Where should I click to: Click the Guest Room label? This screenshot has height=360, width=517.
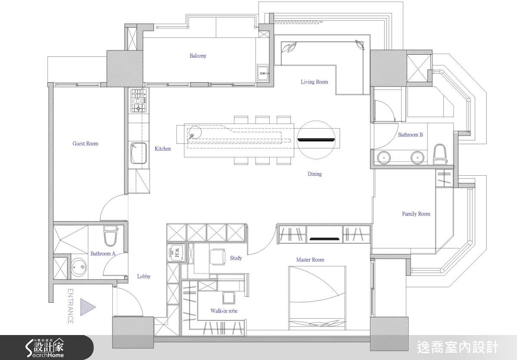coord(85,144)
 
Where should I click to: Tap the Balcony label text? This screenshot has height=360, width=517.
coord(198,56)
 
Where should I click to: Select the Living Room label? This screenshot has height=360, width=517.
coord(315,82)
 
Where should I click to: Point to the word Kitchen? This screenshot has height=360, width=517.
coord(163,149)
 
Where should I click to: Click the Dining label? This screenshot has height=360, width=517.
coord(315,174)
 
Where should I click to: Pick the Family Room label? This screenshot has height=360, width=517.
coord(416,214)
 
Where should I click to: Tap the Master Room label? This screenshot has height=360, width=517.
coord(310,260)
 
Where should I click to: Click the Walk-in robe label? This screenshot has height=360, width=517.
coord(224,311)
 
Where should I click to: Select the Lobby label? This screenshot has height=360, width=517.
coord(143,276)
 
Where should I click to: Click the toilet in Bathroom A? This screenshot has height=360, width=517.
coord(111,235)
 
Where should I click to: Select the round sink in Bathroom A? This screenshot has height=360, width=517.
coord(79,267)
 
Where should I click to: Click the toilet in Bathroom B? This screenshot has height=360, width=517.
coord(439,154)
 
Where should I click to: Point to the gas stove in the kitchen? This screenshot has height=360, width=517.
coord(139,101)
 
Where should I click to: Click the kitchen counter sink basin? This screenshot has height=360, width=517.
coord(138,153)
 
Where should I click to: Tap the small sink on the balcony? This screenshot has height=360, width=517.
coord(263,73)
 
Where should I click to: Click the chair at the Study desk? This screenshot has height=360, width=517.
coord(218,257)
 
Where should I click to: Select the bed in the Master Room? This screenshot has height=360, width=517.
coord(317,298)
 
